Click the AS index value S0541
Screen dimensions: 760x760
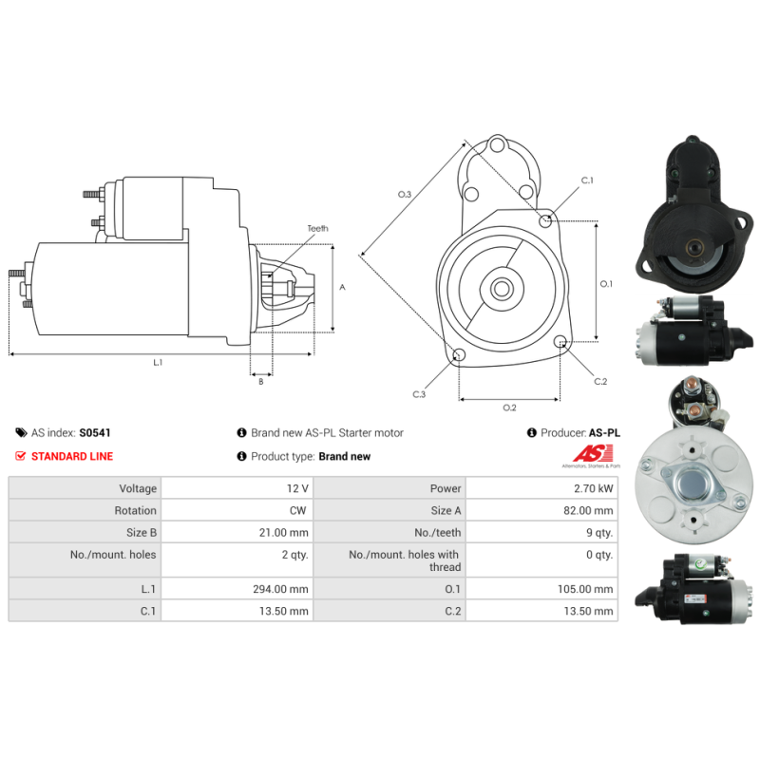click(95, 433)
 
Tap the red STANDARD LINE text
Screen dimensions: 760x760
click(72, 456)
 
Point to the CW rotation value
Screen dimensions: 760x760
click(298, 511)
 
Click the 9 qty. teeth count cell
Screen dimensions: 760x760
click(599, 533)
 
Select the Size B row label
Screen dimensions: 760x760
click(142, 533)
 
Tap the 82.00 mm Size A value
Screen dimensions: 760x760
click(588, 511)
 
